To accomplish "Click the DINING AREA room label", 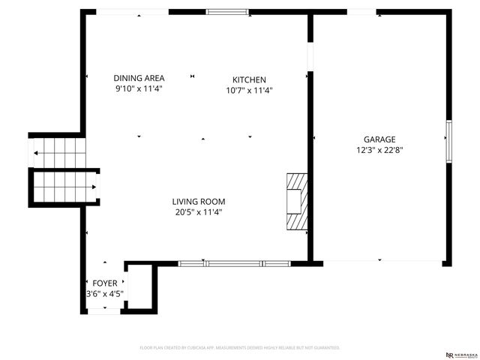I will (139, 78).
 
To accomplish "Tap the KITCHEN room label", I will (249, 79).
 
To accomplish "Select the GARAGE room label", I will (379, 139).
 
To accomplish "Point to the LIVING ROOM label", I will (198, 201).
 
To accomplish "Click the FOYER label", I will (104, 283).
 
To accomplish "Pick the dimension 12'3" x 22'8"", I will (379, 149).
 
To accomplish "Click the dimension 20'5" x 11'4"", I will (198, 211).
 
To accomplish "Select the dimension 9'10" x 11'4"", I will (139, 88).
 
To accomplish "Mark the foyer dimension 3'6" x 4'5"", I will (105, 293).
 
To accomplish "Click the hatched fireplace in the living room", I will (297, 202).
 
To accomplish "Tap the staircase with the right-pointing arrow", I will (64, 187).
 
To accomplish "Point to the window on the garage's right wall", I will (448, 142).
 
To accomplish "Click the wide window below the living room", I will (234, 263).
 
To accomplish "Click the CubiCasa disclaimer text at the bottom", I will (240, 348).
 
